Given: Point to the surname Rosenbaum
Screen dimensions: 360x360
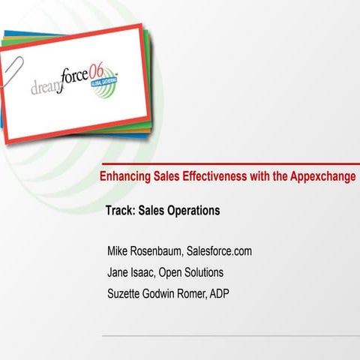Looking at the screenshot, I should point(160,251).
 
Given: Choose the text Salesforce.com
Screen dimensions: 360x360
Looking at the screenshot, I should point(219,251).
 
